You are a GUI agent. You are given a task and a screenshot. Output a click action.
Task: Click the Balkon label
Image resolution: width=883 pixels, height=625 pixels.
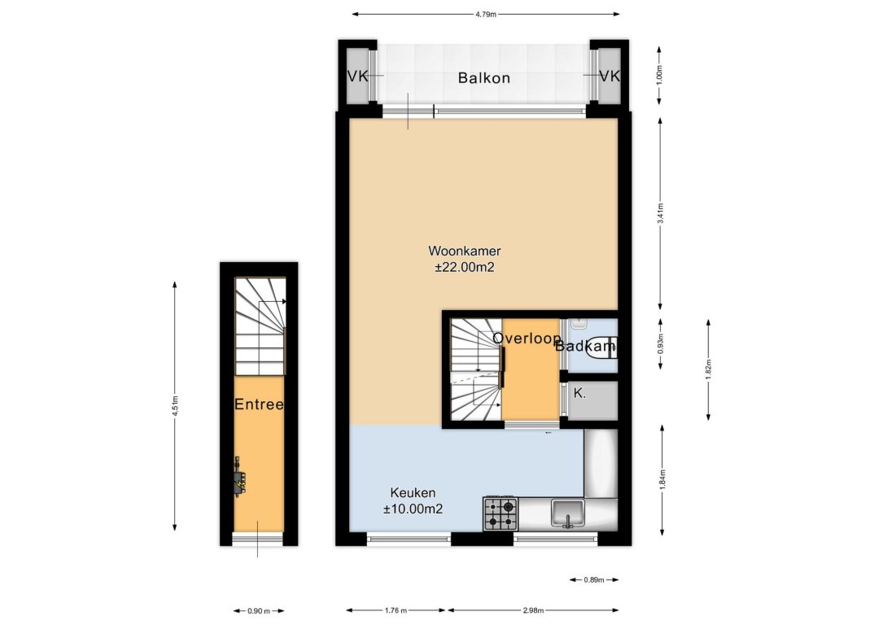point(483,77)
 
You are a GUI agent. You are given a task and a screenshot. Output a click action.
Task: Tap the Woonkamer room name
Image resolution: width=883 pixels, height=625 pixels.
point(465,251)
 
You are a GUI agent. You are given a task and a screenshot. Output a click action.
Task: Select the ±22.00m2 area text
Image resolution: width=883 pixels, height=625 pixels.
point(465,268)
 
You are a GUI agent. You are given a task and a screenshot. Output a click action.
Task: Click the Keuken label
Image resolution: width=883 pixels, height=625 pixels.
point(413,492)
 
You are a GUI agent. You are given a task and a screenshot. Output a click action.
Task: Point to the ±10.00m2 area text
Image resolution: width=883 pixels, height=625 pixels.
point(413,509)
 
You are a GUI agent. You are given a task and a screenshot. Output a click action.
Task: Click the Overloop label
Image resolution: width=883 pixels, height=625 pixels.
point(527,338)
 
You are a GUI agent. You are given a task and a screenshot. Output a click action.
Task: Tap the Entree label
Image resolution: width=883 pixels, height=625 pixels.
point(259,404)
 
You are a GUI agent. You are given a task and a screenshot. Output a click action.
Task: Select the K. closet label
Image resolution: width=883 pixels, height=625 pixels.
point(579,394)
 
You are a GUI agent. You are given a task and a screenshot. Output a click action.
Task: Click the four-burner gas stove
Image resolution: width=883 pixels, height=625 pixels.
point(500,514)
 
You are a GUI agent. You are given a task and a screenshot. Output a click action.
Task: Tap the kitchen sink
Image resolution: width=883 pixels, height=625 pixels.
point(568,513)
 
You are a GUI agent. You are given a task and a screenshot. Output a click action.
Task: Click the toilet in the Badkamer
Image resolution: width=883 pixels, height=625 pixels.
point(601,348)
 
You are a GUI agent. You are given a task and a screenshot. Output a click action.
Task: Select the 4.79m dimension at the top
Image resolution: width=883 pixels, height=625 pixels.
point(485,14)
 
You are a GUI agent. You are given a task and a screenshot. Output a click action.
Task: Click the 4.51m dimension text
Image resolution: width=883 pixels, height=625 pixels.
point(176,406)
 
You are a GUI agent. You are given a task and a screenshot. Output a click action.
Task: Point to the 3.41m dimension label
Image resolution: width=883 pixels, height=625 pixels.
point(661,213)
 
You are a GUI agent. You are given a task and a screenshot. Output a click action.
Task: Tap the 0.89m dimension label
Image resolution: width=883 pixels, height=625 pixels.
point(593,580)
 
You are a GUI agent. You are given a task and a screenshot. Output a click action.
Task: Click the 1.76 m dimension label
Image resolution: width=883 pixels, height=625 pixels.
point(396,610)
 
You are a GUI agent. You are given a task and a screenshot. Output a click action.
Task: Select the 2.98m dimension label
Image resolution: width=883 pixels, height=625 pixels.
point(533,610)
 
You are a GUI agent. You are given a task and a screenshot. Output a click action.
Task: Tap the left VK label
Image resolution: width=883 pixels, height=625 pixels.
point(357,76)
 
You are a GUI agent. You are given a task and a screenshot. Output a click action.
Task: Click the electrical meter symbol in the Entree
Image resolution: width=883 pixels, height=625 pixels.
point(239,478)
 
